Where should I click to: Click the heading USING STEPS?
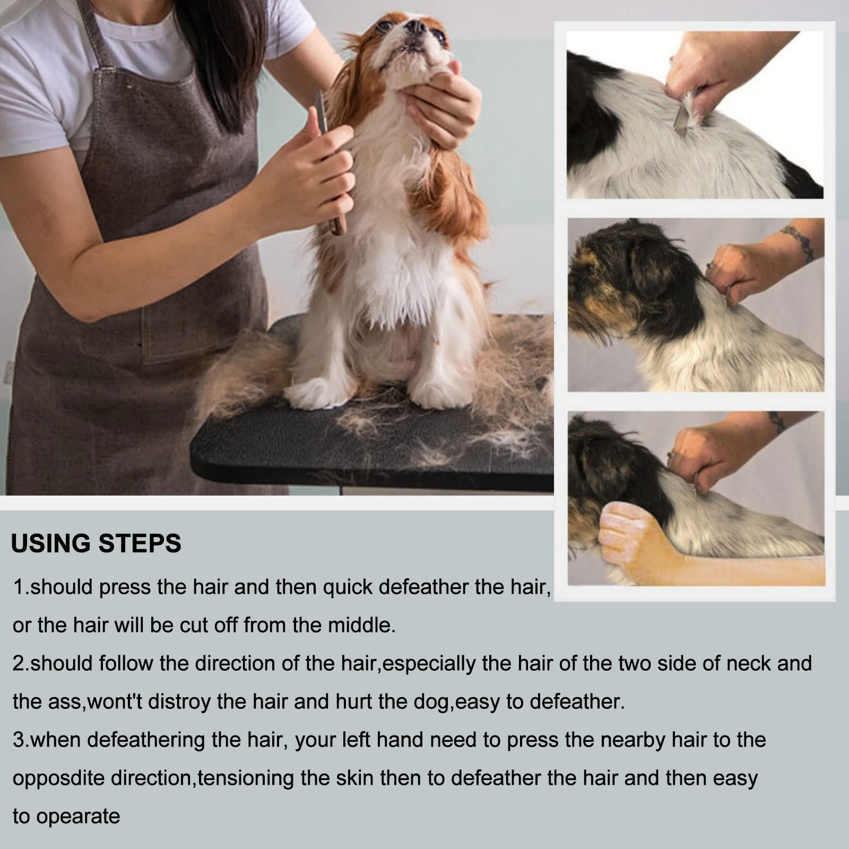coord(96,543)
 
